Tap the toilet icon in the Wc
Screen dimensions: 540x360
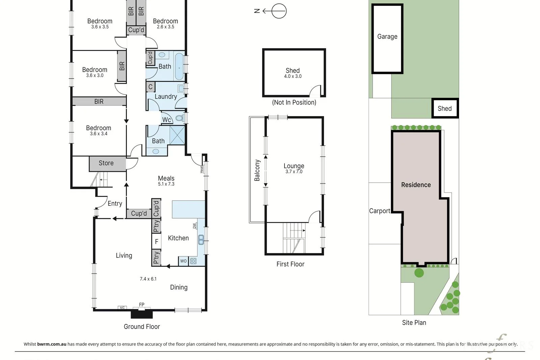coord(179,118)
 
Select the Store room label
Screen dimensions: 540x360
coord(106,163)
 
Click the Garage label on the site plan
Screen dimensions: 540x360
coord(387,36)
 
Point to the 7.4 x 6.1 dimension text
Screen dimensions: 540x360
coord(148,279)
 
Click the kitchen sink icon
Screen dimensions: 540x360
coord(201,240)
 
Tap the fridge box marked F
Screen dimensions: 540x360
coord(157,241)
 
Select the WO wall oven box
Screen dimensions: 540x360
coord(183,261)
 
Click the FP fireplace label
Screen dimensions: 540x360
coord(142,305)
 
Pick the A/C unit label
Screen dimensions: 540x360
coord(122,307)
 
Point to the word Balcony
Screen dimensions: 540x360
coord(257,170)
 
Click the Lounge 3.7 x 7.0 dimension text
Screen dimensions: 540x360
coord(294,172)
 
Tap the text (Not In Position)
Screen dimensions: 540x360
coord(294,103)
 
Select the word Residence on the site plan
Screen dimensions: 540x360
coord(416,185)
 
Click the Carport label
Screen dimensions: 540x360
coord(380,211)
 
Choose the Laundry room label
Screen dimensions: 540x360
coord(166,96)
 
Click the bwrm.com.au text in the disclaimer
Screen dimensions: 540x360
coord(52,344)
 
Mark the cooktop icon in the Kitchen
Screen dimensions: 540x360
coord(193,261)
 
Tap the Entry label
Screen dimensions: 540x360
coord(115,203)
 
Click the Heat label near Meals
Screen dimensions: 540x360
coord(201,169)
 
